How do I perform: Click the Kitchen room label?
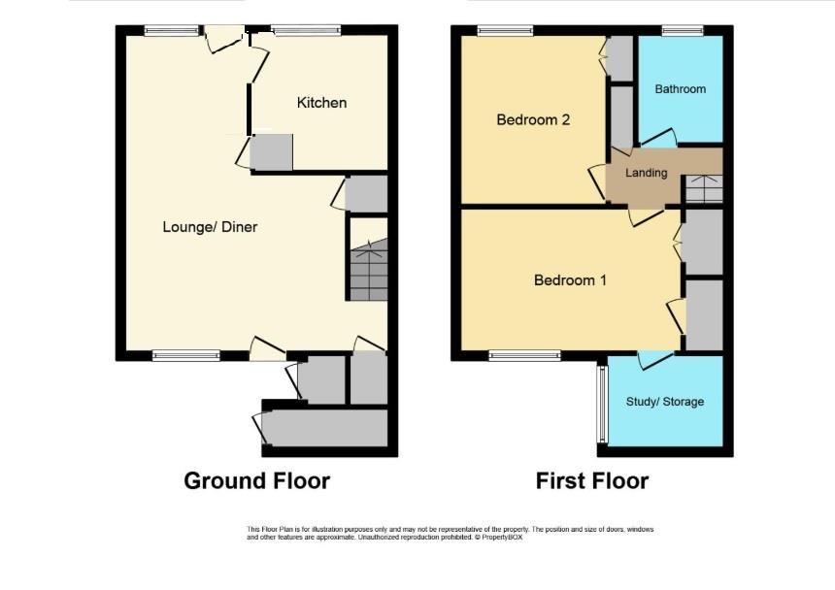click(x=321, y=103)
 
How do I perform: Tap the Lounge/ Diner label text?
click(x=210, y=227)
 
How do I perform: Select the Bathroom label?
click(x=680, y=89)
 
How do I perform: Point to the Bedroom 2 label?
click(x=533, y=119)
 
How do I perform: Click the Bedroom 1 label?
click(x=570, y=279)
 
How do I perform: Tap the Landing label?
click(x=646, y=173)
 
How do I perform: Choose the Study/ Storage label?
click(x=664, y=402)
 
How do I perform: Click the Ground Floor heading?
click(x=256, y=481)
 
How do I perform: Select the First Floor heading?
click(x=591, y=481)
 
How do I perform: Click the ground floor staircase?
click(x=369, y=269)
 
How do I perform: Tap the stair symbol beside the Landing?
click(x=704, y=188)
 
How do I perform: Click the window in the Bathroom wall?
click(x=683, y=30)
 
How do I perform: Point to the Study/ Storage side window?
click(x=602, y=405)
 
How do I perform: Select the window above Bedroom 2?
click(x=505, y=30)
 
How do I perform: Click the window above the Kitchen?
click(x=306, y=30)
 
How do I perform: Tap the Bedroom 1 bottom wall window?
click(x=524, y=355)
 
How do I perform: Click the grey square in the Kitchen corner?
click(x=271, y=152)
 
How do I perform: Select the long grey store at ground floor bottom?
click(x=326, y=428)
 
